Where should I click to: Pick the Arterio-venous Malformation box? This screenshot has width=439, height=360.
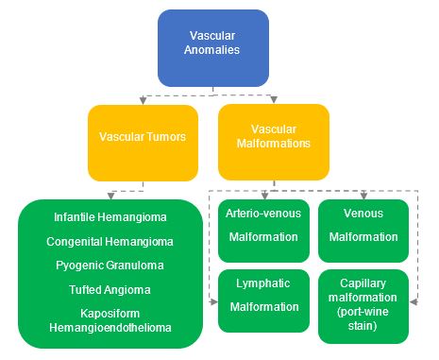pos(262,229)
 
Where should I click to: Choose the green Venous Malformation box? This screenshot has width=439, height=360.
pos(363,229)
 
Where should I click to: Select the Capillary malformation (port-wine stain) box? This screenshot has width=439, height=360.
pos(363,300)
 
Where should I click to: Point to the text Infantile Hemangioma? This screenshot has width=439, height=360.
pos(110,218)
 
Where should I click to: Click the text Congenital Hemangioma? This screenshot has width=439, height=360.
pos(110,242)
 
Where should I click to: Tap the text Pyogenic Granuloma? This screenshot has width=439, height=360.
pos(110,266)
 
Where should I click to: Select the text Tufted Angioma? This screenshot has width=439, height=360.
pos(110,289)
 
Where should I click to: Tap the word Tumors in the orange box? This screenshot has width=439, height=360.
pos(163,136)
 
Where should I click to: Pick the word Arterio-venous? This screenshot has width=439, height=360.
pos(262,213)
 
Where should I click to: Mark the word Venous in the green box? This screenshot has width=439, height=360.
pos(363,213)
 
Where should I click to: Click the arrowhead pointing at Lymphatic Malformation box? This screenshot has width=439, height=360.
pos(214,301)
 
